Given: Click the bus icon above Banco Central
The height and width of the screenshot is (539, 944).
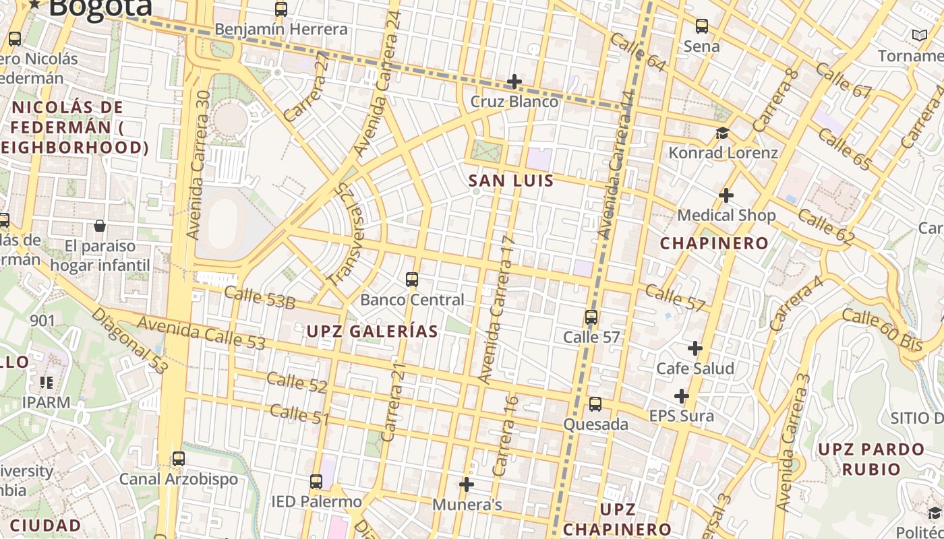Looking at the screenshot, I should coord(411,279).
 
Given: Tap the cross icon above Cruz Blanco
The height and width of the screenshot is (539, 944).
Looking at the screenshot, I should coord(514,82).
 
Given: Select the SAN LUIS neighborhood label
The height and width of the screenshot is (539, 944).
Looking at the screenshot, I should coord(510,181).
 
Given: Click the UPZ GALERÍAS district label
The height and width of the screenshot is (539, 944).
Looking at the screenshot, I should coord(372,331).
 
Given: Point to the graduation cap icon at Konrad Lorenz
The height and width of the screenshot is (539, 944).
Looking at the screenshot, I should coord(722,133).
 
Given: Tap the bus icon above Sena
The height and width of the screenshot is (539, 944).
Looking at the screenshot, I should coord(701,26).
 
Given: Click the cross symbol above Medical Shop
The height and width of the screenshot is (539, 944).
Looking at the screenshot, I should coord(726,195).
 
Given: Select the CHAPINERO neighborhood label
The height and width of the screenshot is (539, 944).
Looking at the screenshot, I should coord(714,243).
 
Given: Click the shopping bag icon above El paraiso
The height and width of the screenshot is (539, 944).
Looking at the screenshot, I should coord(100,226).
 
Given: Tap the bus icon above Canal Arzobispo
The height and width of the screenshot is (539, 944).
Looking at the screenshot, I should coord(178,459).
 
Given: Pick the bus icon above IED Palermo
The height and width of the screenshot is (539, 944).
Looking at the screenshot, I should coord(316,482).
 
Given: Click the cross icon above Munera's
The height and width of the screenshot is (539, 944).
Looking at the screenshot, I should coord(466,484).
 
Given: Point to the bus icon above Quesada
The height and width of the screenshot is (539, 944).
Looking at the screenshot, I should coord(595,404).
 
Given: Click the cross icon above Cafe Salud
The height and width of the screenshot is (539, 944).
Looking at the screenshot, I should coord(695,348).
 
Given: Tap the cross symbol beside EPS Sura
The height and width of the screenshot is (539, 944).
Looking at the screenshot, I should coord(682,396).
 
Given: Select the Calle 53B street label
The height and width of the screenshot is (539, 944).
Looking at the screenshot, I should coord(259,297).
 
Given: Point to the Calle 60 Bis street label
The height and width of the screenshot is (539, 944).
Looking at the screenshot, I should coord(882,329).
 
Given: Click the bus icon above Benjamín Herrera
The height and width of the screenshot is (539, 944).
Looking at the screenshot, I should coord(281,9).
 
